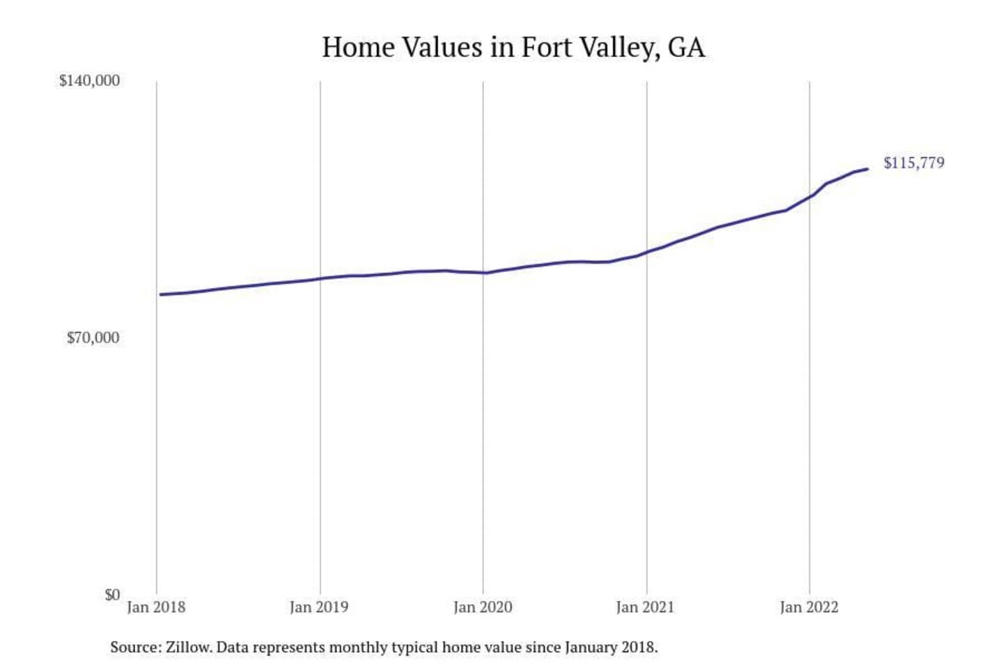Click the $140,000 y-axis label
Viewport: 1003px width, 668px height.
pyautogui.click(x=89, y=81)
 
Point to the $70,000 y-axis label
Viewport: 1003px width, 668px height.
pyautogui.click(x=93, y=338)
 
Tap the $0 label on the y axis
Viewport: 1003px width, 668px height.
pyautogui.click(x=112, y=595)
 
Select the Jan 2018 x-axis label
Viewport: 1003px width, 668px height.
pyautogui.click(x=156, y=607)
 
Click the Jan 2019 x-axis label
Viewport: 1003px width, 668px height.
pyautogui.click(x=319, y=607)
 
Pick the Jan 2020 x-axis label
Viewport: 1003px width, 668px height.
pyautogui.click(x=483, y=607)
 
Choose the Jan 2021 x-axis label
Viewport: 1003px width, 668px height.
pyautogui.click(x=646, y=607)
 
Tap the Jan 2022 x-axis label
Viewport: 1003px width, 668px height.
pyautogui.click(x=809, y=607)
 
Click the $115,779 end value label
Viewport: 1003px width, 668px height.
pyautogui.click(x=914, y=163)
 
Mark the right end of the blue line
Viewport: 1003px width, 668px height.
pyautogui.click(x=867, y=168)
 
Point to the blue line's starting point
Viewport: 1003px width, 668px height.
pyautogui.click(x=161, y=294)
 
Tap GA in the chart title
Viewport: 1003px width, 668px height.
pyautogui.click(x=686, y=47)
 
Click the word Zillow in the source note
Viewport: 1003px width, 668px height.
pyautogui.click(x=188, y=647)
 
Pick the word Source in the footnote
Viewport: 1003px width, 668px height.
pyautogui.click(x=134, y=647)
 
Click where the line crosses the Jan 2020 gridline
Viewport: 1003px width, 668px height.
pyautogui.click(x=483, y=273)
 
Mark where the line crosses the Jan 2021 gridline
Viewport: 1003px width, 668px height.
pyautogui.click(x=646, y=252)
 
